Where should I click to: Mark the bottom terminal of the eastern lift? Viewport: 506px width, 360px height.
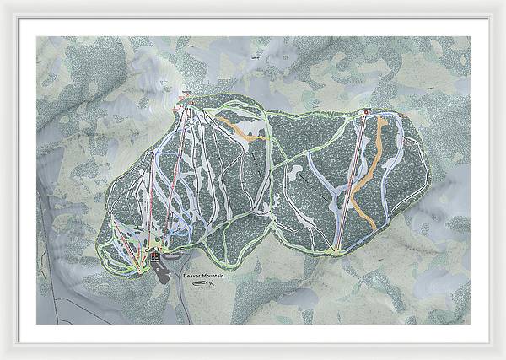coord(338,249)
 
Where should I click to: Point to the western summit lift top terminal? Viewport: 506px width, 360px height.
coord(187,103)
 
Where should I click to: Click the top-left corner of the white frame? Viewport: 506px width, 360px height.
coord(3,3)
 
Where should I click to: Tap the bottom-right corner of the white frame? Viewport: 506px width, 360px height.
coord(503,357)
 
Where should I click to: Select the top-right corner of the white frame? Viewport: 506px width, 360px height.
coord(503,3)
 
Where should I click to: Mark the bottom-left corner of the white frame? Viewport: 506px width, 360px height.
coord(3,357)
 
